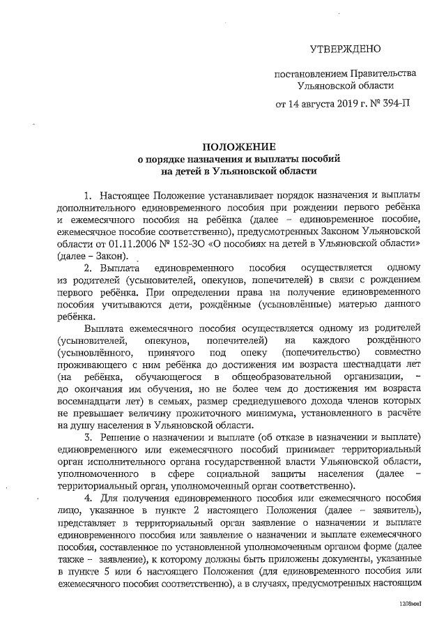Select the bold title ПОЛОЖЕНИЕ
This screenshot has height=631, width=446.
[239, 146]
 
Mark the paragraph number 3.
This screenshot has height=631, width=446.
[87, 437]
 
